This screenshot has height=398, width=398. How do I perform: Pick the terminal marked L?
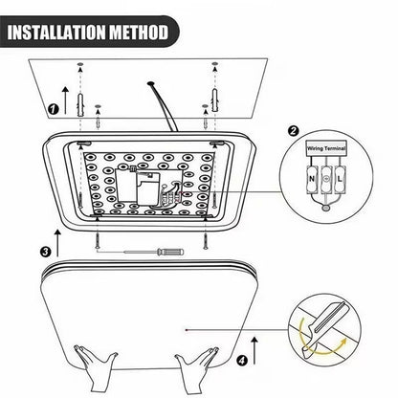click(342, 177)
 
